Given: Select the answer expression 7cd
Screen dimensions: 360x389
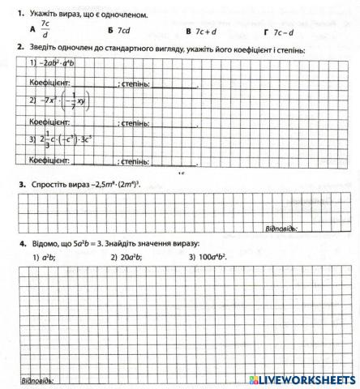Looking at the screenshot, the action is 123,31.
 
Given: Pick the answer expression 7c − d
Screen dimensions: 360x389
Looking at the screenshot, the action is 284,32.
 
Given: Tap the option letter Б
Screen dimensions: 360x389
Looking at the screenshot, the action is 109,31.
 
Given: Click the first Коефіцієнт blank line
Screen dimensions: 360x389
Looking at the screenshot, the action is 94,83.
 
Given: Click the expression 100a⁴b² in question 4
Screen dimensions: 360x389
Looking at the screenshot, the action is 208,257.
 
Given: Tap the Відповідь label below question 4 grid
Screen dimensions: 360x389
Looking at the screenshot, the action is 36,380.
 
